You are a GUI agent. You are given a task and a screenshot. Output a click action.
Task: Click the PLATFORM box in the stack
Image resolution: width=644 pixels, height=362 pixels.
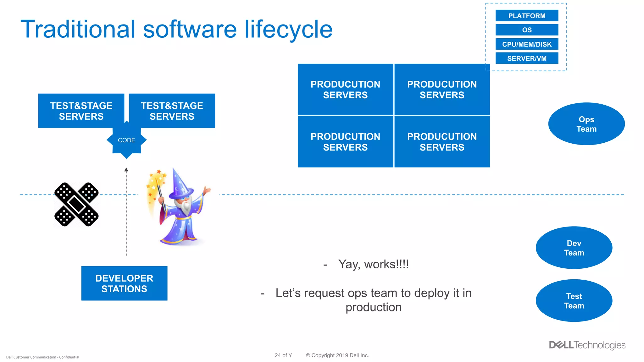click(527, 16)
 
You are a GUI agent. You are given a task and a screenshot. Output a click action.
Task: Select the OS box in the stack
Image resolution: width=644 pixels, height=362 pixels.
click(527, 30)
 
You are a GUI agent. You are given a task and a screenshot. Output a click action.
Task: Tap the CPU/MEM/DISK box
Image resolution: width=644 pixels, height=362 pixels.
click(527, 44)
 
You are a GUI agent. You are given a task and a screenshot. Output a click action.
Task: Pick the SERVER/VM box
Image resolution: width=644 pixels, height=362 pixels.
click(527, 58)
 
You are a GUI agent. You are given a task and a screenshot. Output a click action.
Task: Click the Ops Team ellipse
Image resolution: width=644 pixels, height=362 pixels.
click(586, 124)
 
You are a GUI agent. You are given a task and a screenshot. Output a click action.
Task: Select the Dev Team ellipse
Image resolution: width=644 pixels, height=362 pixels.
click(574, 248)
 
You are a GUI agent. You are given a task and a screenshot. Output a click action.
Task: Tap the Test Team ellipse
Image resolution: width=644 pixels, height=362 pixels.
click(574, 301)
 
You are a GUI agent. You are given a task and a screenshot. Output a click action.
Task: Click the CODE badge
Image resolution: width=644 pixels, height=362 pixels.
click(126, 140)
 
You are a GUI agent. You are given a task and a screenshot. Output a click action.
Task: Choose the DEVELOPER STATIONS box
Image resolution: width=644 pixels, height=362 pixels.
click(124, 283)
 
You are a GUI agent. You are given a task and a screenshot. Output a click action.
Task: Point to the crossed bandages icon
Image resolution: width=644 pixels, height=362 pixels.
click(76, 204)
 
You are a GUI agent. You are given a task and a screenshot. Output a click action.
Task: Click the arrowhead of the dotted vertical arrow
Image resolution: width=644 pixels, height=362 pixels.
click(126, 170)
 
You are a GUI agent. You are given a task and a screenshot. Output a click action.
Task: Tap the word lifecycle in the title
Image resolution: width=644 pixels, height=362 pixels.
click(288, 29)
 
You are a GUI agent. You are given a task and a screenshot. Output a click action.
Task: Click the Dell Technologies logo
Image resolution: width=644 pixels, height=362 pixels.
click(587, 345)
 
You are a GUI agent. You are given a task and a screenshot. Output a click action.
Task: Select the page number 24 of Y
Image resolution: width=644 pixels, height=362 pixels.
click(283, 355)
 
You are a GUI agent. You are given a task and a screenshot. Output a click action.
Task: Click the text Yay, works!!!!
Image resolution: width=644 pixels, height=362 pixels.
click(373, 264)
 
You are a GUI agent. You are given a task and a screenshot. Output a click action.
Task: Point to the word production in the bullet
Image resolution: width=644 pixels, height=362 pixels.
click(373, 307)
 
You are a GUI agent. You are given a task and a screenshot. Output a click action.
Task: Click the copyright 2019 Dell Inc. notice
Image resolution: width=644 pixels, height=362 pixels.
click(337, 355)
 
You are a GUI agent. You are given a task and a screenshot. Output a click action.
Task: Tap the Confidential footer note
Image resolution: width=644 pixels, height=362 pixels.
click(42, 357)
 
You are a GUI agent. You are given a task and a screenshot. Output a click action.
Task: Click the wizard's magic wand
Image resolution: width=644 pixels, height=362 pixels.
click(160, 195)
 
